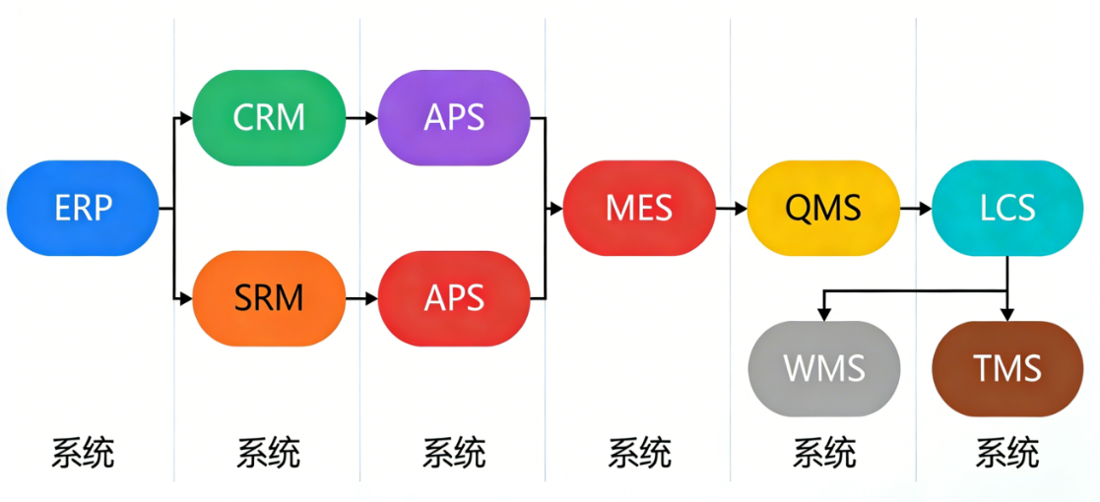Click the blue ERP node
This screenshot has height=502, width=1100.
(x=83, y=209)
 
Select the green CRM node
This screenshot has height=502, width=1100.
(x=269, y=118)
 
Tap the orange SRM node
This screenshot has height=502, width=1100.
(x=269, y=297)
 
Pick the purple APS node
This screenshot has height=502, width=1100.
(x=454, y=118)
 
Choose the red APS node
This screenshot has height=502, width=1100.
(x=454, y=297)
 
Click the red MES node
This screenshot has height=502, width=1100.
(x=639, y=209)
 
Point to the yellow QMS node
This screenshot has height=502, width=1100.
(x=823, y=209)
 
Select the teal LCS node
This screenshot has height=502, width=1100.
(x=1007, y=209)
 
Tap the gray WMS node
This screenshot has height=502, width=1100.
(x=824, y=369)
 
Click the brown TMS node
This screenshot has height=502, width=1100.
(x=1007, y=369)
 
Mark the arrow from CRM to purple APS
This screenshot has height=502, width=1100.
(x=361, y=118)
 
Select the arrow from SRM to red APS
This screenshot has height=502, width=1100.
(x=361, y=297)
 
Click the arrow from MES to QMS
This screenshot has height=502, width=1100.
(x=731, y=209)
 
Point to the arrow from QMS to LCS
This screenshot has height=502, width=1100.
(x=915, y=209)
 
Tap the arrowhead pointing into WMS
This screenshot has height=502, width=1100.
(x=824, y=313)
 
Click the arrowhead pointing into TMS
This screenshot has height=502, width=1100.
(x=1007, y=313)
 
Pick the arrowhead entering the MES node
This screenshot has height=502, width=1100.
(x=556, y=209)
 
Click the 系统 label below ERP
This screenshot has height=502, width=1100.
(x=83, y=454)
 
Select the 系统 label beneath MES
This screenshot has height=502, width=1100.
(x=639, y=454)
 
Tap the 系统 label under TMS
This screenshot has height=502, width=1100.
(x=1007, y=454)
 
